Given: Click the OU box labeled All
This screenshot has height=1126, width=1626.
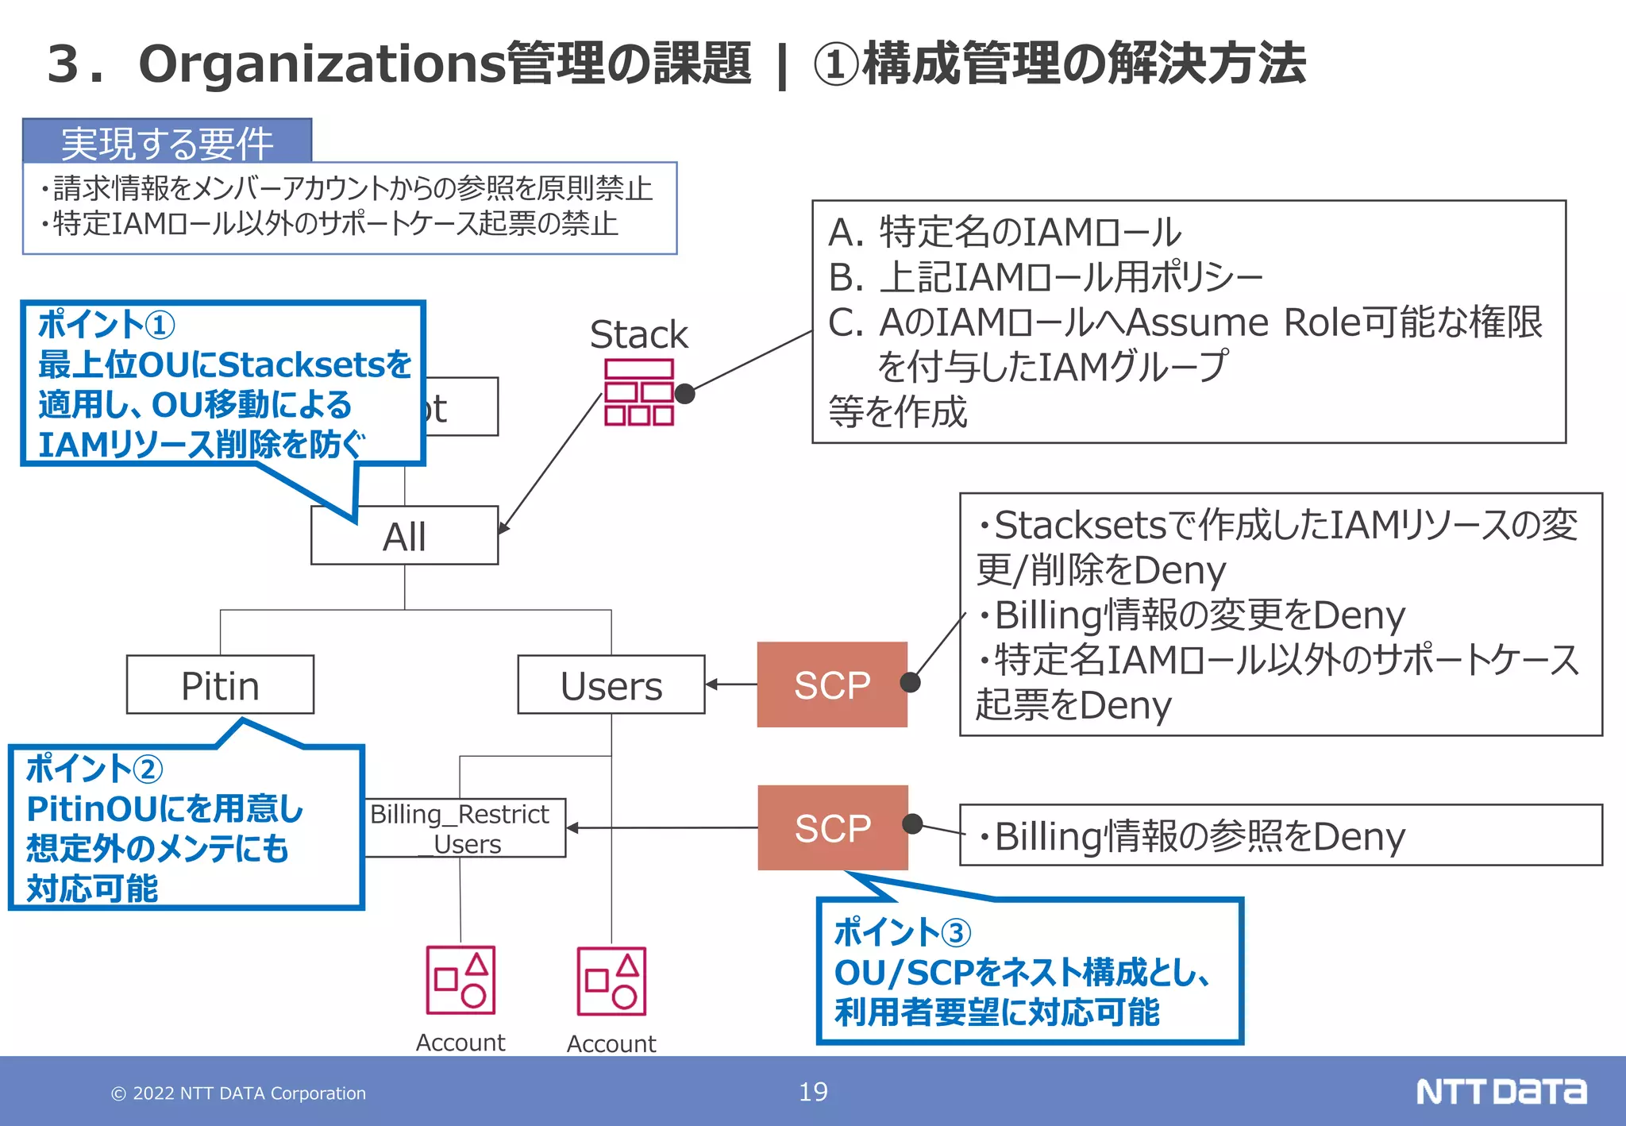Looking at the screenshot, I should tap(404, 536).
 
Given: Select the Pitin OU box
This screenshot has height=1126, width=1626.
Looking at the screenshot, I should tap(220, 685).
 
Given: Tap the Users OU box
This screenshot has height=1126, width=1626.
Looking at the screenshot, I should tap(611, 685).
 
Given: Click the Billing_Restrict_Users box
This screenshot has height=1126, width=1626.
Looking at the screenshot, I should tap(464, 828).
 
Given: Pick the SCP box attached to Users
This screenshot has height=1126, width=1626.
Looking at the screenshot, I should tap(831, 684).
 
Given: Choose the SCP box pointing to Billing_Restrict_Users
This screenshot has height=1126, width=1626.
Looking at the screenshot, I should tap(832, 828).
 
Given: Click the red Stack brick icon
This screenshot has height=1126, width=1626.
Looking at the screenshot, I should tap(638, 392).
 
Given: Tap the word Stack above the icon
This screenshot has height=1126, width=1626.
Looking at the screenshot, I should tap(638, 334).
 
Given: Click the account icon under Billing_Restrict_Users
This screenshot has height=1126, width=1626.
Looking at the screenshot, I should tap(460, 980).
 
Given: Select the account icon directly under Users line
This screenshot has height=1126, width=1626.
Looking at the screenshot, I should tap(611, 981).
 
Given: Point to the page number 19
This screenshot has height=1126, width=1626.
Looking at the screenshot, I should tap(813, 1092).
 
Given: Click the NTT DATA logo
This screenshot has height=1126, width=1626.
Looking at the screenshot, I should tap(1501, 1092).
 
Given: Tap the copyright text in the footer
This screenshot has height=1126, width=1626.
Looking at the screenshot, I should tap(238, 1093).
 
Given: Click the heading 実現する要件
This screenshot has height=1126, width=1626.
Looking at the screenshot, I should tap(167, 143).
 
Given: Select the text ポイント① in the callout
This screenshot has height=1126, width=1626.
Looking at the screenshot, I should tap(106, 325).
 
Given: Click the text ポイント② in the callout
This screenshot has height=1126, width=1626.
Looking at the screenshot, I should tap(94, 769).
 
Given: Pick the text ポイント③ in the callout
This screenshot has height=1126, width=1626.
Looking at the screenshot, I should tap(902, 932).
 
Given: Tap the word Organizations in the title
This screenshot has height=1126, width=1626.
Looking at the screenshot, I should tap(322, 64).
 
